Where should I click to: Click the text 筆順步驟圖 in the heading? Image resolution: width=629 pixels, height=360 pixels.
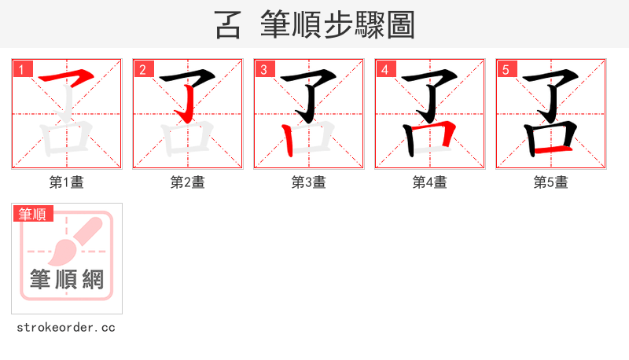338,25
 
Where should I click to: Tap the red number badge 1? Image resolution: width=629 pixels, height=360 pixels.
22,70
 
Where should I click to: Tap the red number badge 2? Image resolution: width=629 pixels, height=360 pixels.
143,70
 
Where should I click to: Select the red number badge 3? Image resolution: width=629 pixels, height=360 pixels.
264,70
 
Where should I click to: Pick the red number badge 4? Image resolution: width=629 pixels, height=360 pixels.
385,70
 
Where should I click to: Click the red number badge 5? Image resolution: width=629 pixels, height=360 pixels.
506,70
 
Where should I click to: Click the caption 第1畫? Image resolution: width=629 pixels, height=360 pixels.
67,182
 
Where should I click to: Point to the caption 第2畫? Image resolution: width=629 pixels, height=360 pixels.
188,182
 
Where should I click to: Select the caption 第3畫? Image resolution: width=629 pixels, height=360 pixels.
309,182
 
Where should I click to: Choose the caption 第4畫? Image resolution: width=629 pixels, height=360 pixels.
430,182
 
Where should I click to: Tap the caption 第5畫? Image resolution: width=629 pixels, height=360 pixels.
551,182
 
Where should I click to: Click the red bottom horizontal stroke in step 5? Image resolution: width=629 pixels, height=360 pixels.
550,149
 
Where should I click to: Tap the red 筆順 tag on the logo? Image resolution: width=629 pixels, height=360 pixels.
32,214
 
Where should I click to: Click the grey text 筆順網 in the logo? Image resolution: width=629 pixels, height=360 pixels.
67,279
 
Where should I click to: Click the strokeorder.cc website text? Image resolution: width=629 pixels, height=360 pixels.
67,328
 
